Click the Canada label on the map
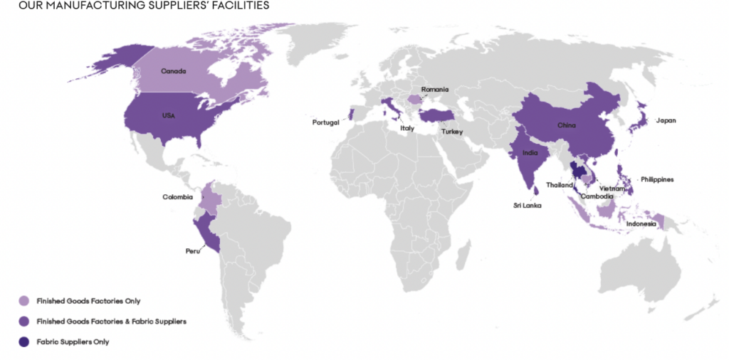coord(174,72)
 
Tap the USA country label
coord(168,115)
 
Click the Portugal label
coord(326,122)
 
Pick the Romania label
coord(435,90)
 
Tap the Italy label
coord(407,129)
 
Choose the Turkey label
coord(451,132)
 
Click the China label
coord(566,125)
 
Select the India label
coord(530,152)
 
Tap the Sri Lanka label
coord(528,206)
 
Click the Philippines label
coord(657,179)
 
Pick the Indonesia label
coord(641,224)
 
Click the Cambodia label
coord(597,196)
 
